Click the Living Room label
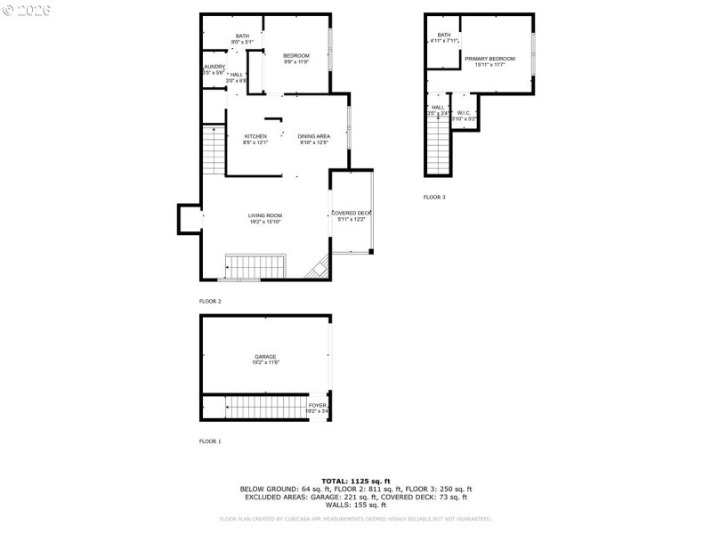click(x=264, y=215)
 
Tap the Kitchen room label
click(x=255, y=136)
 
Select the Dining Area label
click(x=313, y=136)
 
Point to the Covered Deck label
click(x=351, y=214)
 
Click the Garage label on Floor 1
click(x=264, y=358)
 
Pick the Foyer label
click(x=317, y=406)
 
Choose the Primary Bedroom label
click(x=489, y=59)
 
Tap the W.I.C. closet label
click(x=464, y=113)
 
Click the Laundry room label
click(x=214, y=67)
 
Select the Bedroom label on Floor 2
click(x=296, y=56)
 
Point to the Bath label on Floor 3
click(x=443, y=36)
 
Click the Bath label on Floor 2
click(x=242, y=36)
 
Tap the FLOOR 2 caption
click(x=210, y=302)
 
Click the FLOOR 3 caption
click(x=434, y=197)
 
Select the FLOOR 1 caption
click(x=210, y=441)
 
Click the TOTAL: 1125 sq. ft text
click(x=356, y=481)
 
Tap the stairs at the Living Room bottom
click(x=255, y=266)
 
